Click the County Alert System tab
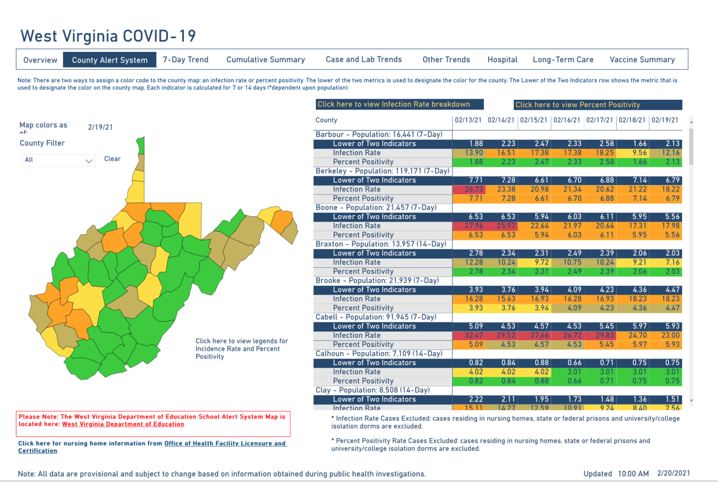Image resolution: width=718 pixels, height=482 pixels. point(109,60)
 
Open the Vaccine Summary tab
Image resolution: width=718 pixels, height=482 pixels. point(642,60)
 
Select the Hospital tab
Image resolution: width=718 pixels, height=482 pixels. point(502,60)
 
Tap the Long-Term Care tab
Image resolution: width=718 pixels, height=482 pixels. point(563,60)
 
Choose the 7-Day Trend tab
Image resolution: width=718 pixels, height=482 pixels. point(186,60)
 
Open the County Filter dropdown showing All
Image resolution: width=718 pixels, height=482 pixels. point(59,160)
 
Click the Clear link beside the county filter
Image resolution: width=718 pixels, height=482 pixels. point(113,159)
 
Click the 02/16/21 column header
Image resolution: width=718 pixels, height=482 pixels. point(567,120)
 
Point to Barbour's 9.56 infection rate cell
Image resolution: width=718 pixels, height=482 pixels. point(632,153)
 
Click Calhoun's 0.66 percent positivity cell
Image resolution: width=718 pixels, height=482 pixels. point(567,381)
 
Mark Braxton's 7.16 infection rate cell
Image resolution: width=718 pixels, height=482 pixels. point(666,263)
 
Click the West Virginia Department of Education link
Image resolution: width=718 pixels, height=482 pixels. point(123,424)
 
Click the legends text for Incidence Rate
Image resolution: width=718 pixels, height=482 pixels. point(242,348)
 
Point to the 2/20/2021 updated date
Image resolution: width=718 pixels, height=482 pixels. point(673,473)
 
